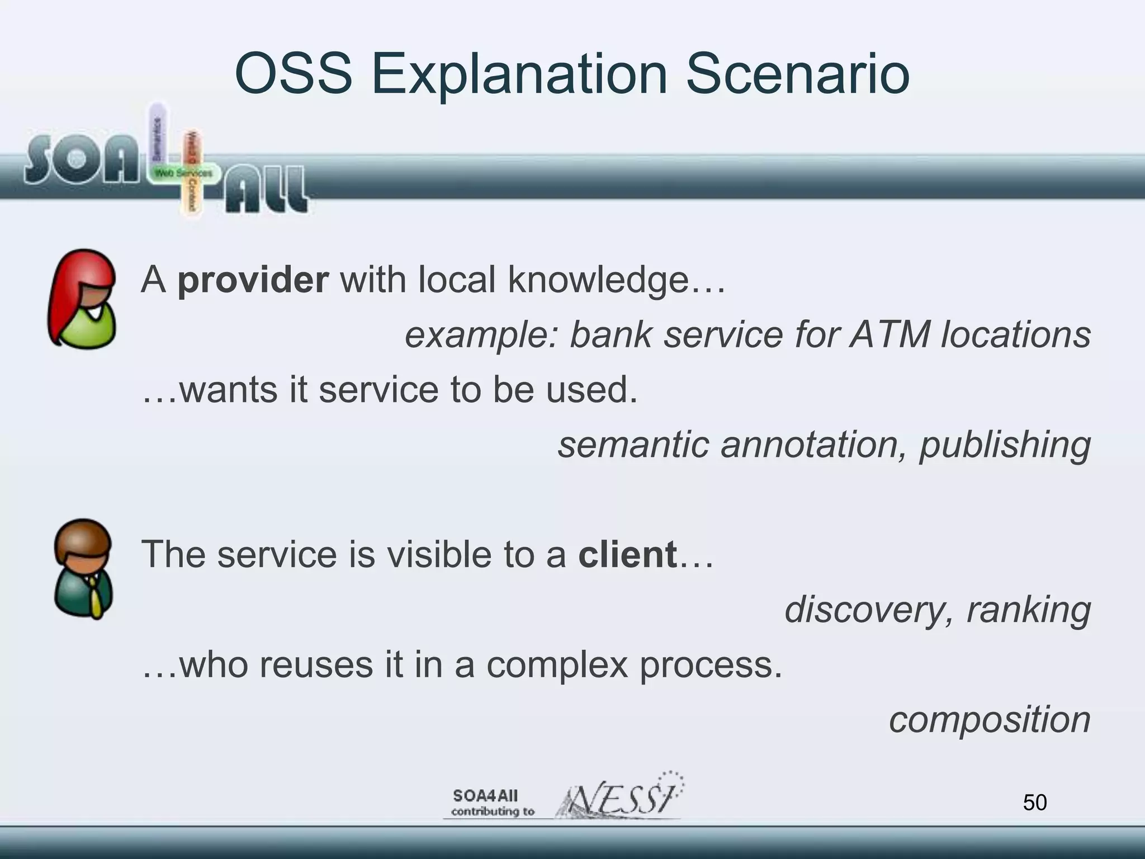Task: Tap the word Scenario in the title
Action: coord(797,74)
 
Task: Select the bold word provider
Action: coord(253,280)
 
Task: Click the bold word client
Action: coord(627,554)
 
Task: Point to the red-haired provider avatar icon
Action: coord(83,299)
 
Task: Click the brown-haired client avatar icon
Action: coord(83,569)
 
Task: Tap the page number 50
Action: coord(1034,803)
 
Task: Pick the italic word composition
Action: coord(989,719)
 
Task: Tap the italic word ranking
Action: coord(1028,609)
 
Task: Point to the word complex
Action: coord(557,665)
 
